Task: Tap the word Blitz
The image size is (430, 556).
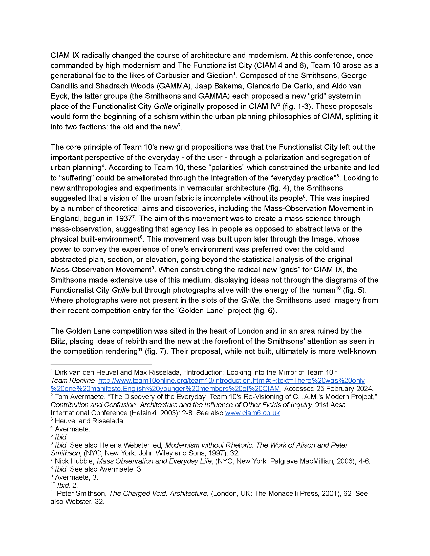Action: point(58,341)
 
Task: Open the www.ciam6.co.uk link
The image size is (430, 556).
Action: point(252,413)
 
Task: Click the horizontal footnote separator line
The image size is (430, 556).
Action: point(101,364)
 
